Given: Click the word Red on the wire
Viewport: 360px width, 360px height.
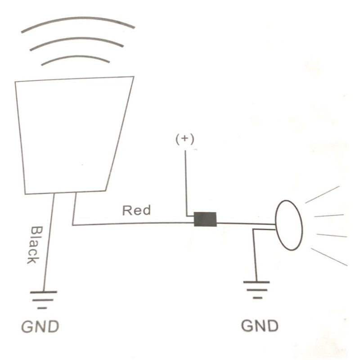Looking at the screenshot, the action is tap(137, 210).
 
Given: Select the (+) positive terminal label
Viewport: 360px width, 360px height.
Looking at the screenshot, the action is tap(185, 139).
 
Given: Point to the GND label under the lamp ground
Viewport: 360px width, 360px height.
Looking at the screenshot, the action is tap(260, 325).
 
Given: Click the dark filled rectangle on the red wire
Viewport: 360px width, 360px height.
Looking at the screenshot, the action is tap(205, 219).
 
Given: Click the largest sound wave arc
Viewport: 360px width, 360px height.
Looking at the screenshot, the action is tap(78, 18).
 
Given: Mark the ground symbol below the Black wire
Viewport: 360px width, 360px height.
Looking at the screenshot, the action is tap(43, 300).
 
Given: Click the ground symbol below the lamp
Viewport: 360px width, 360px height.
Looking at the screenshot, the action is tap(256, 290).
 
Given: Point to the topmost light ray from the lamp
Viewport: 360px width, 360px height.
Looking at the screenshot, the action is tap(322, 194).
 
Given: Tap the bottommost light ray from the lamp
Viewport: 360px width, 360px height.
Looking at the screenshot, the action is tap(329, 257).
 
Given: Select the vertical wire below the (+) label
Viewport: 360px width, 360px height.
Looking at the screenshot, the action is tap(186, 183).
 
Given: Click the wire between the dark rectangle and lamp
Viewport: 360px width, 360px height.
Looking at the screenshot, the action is tap(246, 223).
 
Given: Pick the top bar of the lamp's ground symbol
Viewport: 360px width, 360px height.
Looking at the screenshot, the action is tap(256, 282).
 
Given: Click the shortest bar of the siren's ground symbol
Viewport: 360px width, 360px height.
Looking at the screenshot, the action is tap(42, 308).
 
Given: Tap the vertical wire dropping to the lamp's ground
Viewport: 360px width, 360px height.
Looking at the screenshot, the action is tap(255, 255).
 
